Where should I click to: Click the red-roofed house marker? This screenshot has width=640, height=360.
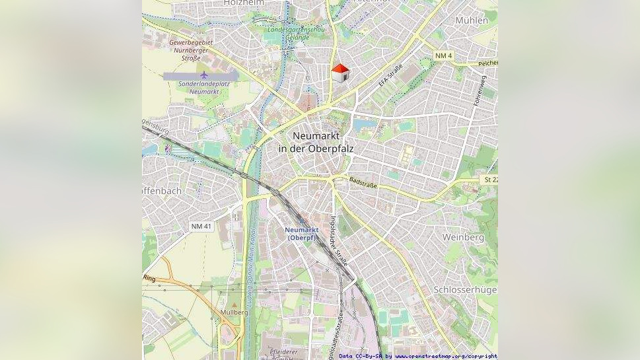(339, 73)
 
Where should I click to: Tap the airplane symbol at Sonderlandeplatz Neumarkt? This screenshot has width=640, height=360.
(203, 75)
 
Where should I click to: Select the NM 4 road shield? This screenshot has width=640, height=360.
(444, 55)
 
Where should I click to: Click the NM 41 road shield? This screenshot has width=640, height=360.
(201, 227)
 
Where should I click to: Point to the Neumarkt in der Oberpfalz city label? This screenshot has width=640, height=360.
(316, 142)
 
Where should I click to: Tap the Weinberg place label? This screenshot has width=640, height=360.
(463, 237)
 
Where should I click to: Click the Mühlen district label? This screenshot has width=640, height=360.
(472, 20)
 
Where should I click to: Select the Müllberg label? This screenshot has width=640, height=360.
(234, 312)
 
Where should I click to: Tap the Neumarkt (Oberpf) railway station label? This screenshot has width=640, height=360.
(302, 233)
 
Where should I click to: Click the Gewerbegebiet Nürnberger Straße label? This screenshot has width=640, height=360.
(189, 50)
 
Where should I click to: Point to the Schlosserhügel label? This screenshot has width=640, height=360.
(465, 290)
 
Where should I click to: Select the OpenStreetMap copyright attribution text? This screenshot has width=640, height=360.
(418, 356)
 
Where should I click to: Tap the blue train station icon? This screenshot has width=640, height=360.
(302, 222)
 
